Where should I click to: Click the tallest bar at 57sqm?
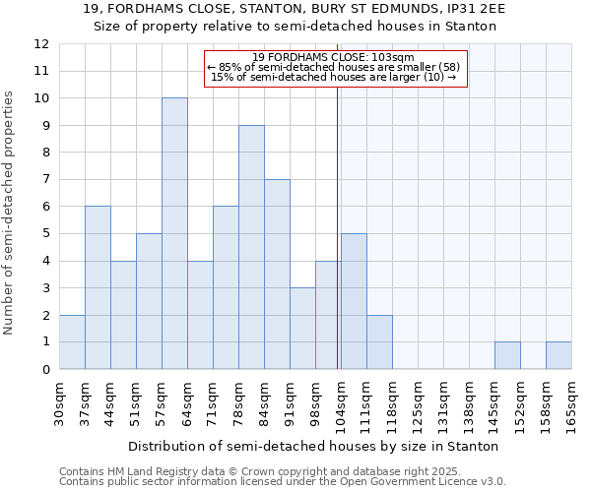[174, 234]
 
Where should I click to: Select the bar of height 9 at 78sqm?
[251, 247]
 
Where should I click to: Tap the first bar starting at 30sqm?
[72, 342]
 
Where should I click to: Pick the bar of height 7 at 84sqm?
[277, 275]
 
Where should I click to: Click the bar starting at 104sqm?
[354, 301]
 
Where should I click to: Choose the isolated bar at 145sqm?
[507, 355]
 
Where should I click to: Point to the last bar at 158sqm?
[558, 355]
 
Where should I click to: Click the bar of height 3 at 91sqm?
[302, 329]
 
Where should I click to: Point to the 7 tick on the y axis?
[45, 180]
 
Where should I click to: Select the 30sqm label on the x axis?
[59, 404]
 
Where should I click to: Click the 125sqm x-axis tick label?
[418, 404]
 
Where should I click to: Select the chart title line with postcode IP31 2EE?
[295, 9]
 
